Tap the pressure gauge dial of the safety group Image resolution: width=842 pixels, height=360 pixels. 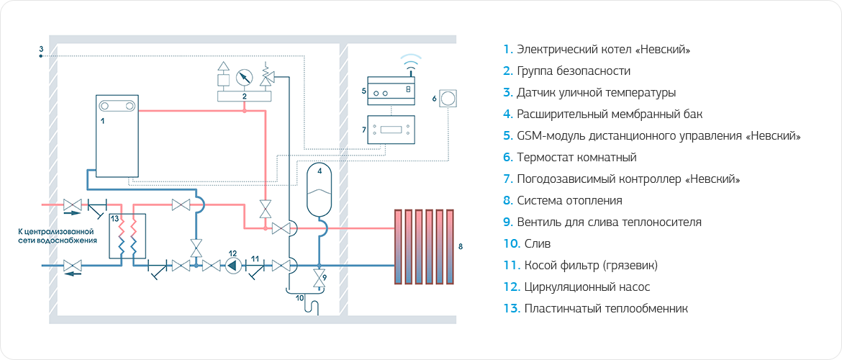click(x=245, y=76)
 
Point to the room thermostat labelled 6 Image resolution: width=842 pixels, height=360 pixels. click(x=447, y=98)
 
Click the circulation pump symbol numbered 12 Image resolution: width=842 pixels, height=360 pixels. click(x=232, y=265)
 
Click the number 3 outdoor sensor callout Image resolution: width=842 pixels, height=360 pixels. click(x=42, y=49)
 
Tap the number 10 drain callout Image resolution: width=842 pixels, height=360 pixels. click(x=299, y=297)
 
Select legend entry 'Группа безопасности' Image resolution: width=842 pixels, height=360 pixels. click(x=573, y=71)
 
